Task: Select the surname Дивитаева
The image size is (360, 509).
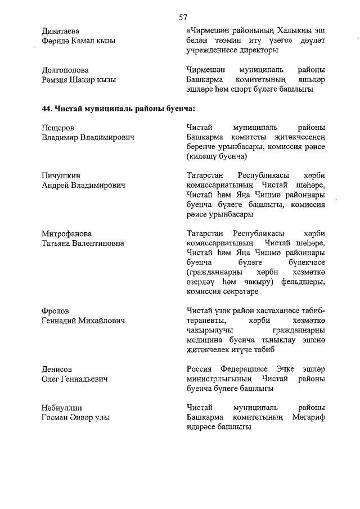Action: point(60,30)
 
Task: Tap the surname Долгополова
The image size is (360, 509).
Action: point(65,70)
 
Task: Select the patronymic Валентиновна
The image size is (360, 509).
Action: point(106,244)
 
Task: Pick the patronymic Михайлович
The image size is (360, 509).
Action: point(105,321)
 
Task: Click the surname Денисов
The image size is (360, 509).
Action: point(57,370)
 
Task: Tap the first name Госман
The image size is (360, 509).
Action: point(57,417)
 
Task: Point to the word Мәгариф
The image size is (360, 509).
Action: point(308,417)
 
